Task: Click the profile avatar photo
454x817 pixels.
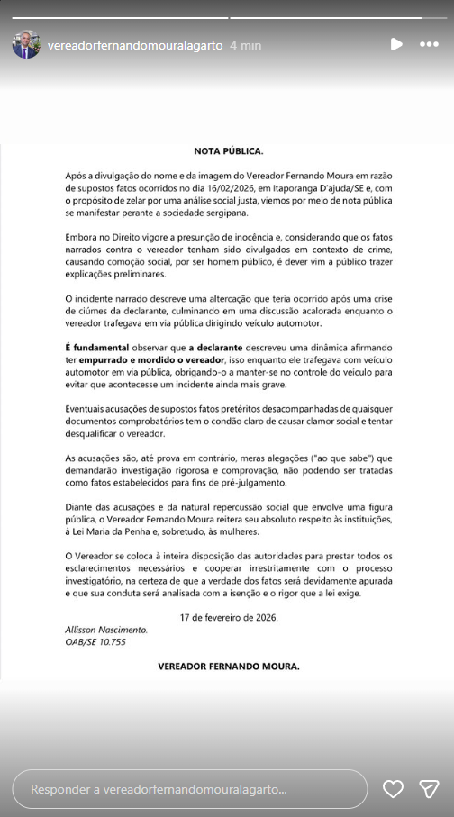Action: pos(26,44)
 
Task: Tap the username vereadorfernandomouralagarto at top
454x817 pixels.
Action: pos(134,44)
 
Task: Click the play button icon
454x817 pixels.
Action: pos(396,44)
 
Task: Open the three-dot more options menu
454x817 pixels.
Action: pos(429,44)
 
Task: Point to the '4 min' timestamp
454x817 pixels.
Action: pos(245,44)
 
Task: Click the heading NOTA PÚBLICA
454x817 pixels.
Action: pos(229,150)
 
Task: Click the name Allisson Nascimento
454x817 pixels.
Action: pos(106,629)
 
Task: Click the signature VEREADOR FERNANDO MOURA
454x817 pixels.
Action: pos(229,667)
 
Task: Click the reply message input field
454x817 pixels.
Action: pos(190,789)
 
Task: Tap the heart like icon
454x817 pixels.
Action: pos(393,789)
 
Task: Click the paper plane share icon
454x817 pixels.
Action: pos(429,789)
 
